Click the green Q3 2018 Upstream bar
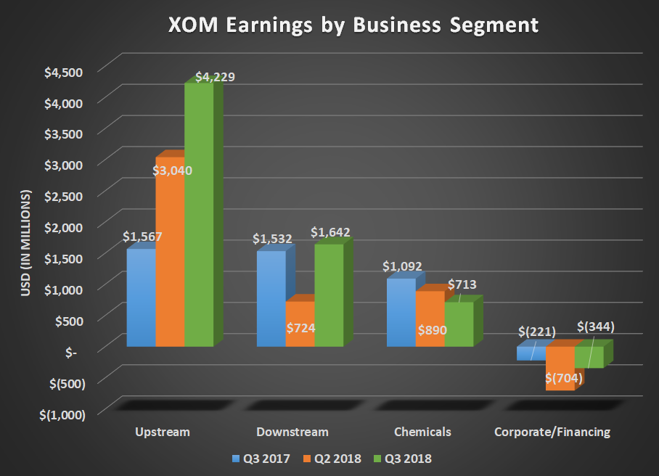pos(198,218)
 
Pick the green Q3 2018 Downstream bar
pos(329,297)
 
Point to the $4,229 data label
pos(216,77)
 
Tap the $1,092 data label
pos(403,266)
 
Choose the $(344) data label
pos(595,327)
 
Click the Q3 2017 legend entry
pos(259,459)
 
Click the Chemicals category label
pos(422,432)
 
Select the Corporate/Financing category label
pos(552,432)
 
